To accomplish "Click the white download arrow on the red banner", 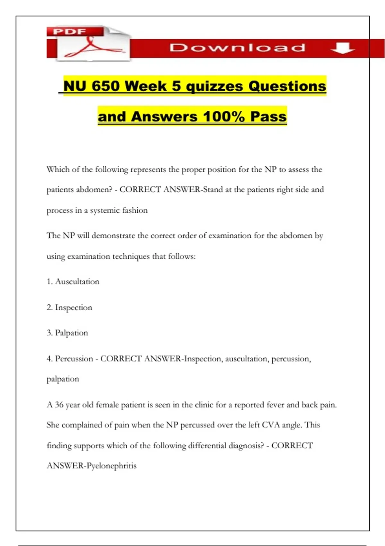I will tap(342, 48).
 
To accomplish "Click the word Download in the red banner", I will tap(237, 48).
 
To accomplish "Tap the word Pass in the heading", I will tap(268, 117).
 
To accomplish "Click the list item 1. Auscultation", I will tap(73, 282).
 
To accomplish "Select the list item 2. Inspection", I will tap(70, 307).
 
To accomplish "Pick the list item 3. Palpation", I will tap(67, 333).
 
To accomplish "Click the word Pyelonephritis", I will tap(112, 466).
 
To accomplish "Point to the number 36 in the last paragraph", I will tap(59, 405).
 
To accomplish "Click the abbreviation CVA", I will tap(271, 425).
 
